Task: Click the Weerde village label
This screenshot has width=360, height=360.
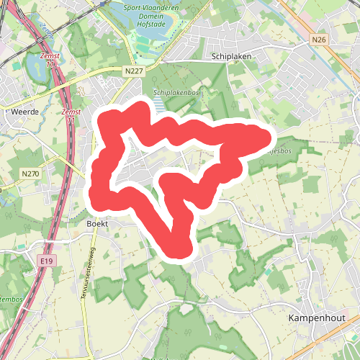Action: click(26, 112)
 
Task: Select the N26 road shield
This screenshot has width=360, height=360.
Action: click(320, 40)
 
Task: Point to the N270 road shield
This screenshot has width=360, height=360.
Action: click(30, 174)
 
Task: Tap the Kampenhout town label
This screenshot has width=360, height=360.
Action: click(316, 318)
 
